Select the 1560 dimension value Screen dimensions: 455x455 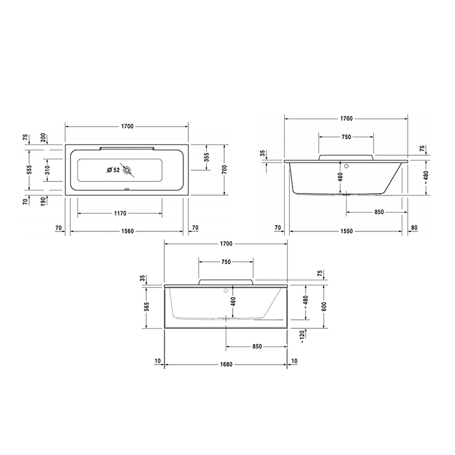127,231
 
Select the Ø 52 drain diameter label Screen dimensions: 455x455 112,170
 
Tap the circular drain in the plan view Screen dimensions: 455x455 129,172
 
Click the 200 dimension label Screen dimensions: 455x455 44,137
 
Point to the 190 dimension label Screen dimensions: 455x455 44,203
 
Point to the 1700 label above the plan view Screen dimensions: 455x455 127,125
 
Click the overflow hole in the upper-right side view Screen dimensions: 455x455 347,165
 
